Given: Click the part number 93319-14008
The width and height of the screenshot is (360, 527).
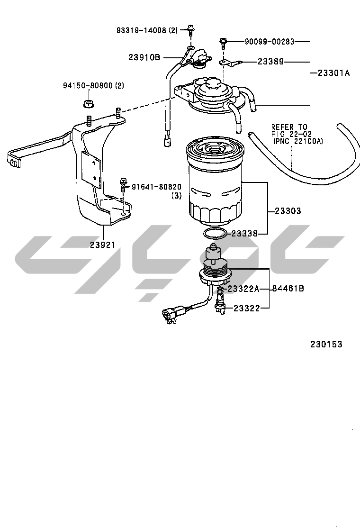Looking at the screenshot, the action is coord(142,30).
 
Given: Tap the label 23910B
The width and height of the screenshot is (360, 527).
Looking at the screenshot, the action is coord(144,57).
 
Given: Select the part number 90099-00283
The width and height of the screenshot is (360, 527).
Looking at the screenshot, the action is coord(270,42).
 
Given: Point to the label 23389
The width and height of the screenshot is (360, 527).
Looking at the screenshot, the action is coord(270,62).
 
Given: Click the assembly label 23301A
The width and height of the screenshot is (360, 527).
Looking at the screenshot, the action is coord(334,73).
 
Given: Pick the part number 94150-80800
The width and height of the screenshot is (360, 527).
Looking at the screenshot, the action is coord(88,86).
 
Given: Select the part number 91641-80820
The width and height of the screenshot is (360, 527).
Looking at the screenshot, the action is coord(156,187).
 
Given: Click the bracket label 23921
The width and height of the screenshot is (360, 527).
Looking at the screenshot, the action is coord(102,245).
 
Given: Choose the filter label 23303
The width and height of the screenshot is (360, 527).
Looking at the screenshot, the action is coord(288,211).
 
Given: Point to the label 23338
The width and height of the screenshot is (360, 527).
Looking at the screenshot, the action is coord(244,234).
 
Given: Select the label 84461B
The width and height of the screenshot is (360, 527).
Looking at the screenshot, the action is coord(288,288).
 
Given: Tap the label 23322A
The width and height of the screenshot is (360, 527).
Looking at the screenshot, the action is coord(243,289).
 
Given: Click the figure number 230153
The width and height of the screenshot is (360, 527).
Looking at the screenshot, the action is coord(326,345).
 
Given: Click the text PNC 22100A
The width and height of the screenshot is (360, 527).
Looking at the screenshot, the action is coord(298,142).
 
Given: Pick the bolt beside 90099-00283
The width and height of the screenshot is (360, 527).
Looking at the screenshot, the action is coord(223,43).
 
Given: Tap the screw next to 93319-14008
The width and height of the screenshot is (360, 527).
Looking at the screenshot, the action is coord(190,30).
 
